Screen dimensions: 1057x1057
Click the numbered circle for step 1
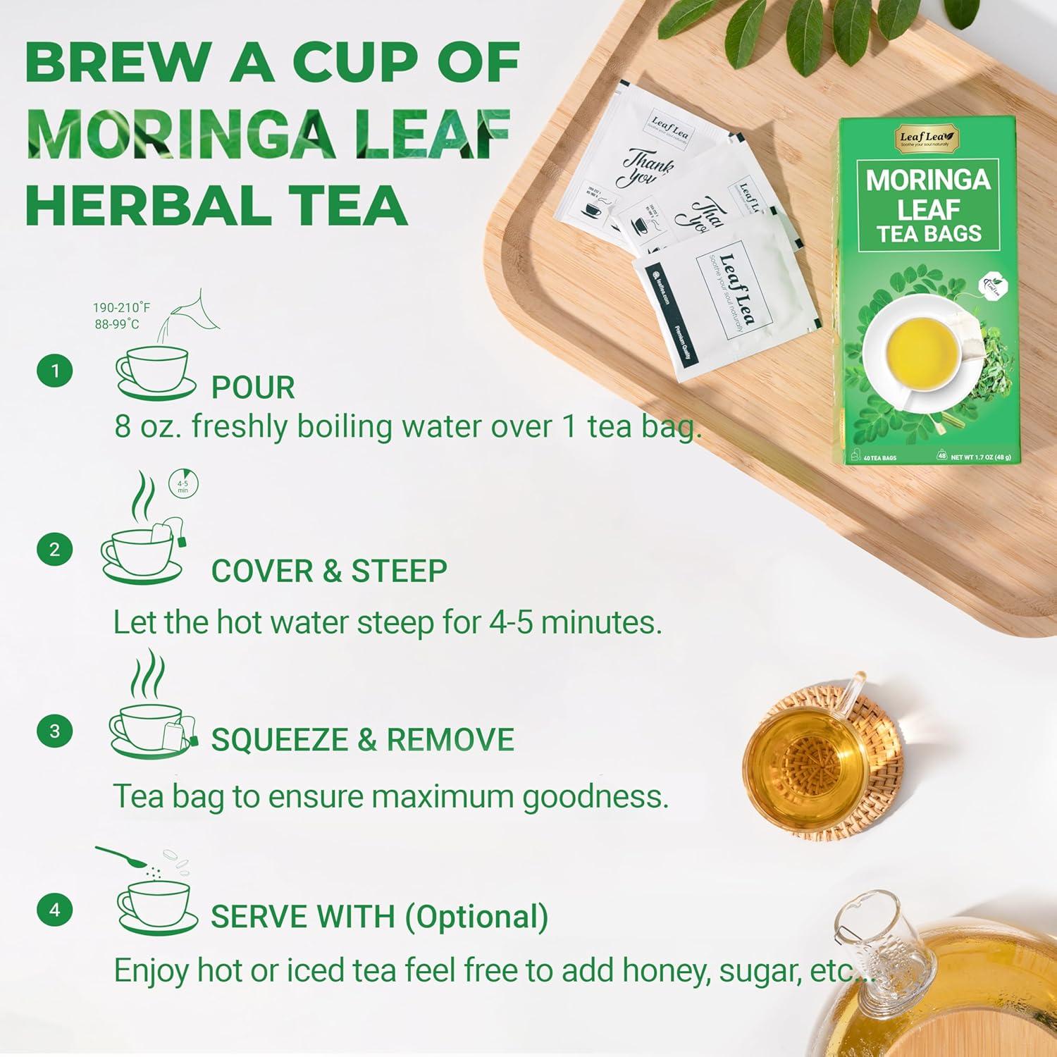(x=55, y=371)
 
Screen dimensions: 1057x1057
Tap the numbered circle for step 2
(x=55, y=550)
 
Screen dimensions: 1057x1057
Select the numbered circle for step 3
(x=55, y=731)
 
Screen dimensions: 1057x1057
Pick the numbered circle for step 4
(x=55, y=910)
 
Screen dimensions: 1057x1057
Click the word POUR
(x=253, y=388)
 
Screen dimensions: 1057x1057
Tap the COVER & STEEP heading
(x=329, y=571)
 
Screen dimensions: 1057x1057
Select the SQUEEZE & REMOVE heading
(x=362, y=740)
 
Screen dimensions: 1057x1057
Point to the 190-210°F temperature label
(x=121, y=308)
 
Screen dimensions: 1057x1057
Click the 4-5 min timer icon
(x=183, y=485)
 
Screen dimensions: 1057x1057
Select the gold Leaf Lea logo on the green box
(x=923, y=138)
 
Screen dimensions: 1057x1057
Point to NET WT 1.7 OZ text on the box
(x=980, y=457)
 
